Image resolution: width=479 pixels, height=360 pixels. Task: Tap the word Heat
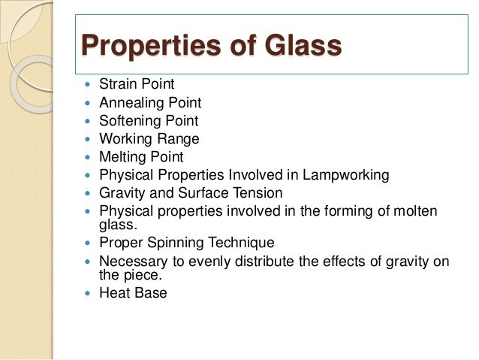click(115, 292)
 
